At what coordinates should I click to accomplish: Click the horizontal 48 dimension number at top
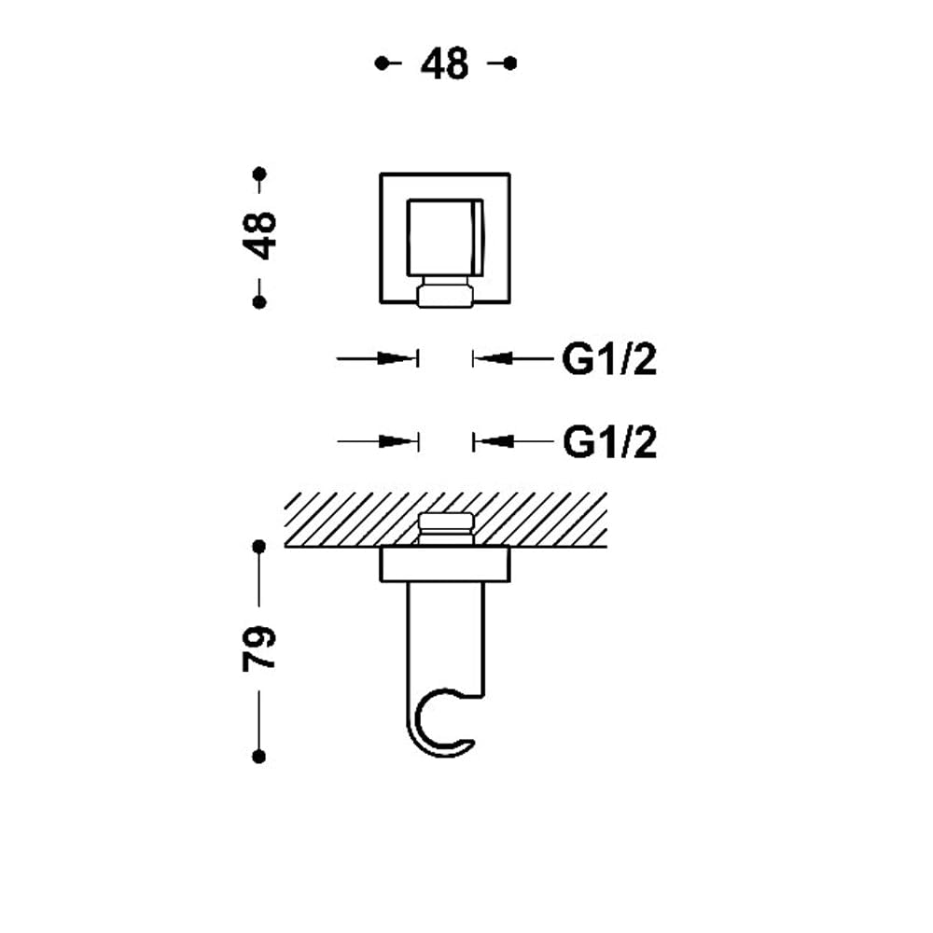pyautogui.click(x=444, y=63)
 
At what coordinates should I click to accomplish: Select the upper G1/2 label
pyautogui.click(x=609, y=359)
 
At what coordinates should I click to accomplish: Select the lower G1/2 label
pyautogui.click(x=609, y=442)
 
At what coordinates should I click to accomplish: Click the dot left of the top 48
pyautogui.click(x=381, y=63)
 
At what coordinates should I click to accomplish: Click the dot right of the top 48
pyautogui.click(x=510, y=63)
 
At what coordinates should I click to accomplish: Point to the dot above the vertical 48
pyautogui.click(x=259, y=174)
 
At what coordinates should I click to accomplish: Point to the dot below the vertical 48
pyautogui.click(x=259, y=302)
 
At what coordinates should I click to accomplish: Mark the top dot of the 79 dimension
pyautogui.click(x=258, y=546)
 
